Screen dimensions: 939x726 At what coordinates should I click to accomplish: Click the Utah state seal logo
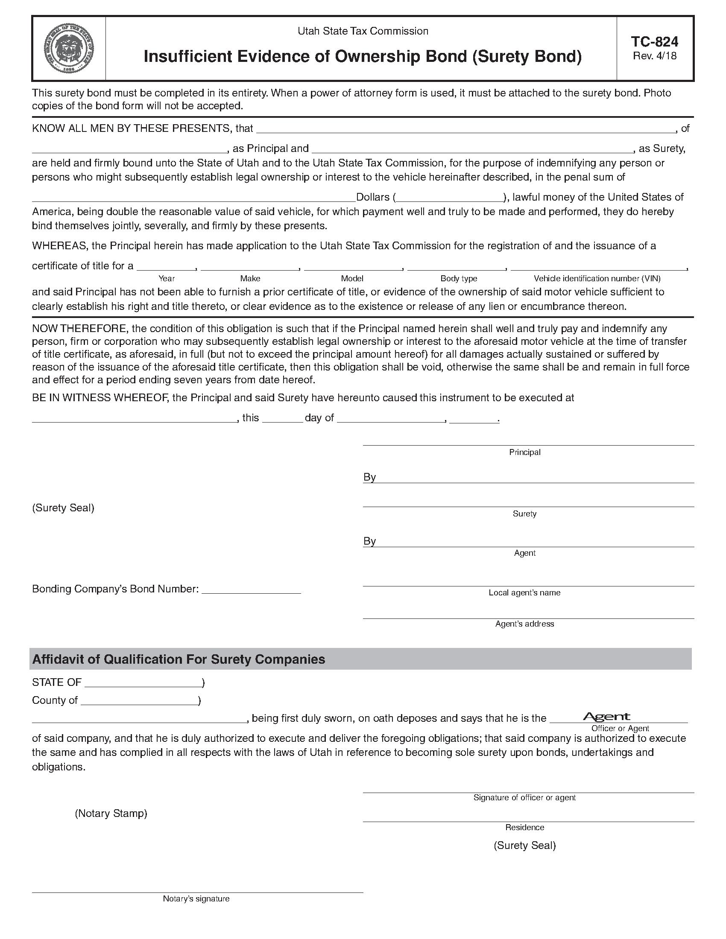pyautogui.click(x=69, y=49)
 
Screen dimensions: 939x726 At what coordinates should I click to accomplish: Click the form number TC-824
pyautogui.click(x=655, y=42)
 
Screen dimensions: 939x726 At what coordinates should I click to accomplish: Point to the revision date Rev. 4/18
pyautogui.click(x=655, y=56)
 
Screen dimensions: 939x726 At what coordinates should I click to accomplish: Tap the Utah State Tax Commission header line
pyautogui.click(x=363, y=31)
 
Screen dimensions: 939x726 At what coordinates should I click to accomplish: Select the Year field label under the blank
pyautogui.click(x=167, y=278)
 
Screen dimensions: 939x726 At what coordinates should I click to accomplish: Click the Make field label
pyautogui.click(x=250, y=278)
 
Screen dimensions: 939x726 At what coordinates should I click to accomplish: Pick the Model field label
pyautogui.click(x=352, y=278)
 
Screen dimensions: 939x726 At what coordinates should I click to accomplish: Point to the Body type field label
pyautogui.click(x=459, y=278)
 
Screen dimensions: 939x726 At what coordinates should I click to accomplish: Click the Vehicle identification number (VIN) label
pyautogui.click(x=597, y=278)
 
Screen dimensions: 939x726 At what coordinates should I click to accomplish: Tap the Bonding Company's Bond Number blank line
pyautogui.click(x=251, y=589)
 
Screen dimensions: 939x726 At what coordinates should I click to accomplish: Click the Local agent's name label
pyautogui.click(x=524, y=592)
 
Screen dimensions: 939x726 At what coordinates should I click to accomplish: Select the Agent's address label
pyautogui.click(x=524, y=624)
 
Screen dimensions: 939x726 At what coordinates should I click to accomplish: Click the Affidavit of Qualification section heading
pyautogui.click(x=179, y=659)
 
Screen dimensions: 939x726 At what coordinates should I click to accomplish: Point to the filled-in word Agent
pyautogui.click(x=606, y=716)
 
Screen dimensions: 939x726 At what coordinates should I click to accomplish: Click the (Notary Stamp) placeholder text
pyautogui.click(x=111, y=813)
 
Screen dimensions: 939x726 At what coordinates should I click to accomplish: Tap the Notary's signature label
pyautogui.click(x=196, y=898)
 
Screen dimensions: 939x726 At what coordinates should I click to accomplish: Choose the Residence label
pyautogui.click(x=524, y=827)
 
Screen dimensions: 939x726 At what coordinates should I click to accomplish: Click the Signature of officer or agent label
pyautogui.click(x=524, y=798)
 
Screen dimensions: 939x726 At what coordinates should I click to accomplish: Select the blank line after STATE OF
pyautogui.click(x=143, y=683)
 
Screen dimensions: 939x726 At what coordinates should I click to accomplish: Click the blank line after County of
pyautogui.click(x=140, y=701)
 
